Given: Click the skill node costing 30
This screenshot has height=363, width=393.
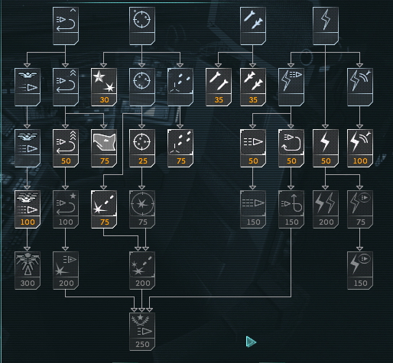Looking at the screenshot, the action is tap(104, 87).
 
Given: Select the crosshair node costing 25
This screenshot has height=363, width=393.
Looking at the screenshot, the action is tap(142, 148).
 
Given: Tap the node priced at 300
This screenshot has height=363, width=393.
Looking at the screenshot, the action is tap(28, 271).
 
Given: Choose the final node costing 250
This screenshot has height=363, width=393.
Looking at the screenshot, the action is tap(142, 332).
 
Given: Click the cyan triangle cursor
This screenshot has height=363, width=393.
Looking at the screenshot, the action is tap(251, 342).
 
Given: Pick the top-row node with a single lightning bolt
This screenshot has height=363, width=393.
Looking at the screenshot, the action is tap(326, 26).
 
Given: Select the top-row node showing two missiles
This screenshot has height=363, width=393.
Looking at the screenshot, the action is tap(253, 26).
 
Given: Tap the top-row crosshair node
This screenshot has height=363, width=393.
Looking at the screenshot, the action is tap(142, 26).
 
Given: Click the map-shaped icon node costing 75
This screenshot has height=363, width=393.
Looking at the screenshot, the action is tap(104, 148).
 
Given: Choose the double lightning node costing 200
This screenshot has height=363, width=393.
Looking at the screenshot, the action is tap(326, 209).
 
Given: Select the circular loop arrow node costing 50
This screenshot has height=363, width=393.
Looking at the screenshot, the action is tap(291, 148).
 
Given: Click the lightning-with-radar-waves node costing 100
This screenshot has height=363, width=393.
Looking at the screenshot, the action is tap(360, 148).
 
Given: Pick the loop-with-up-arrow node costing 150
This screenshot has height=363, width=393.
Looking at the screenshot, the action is tap(291, 209).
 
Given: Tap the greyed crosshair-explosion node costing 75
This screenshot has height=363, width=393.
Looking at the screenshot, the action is tap(142, 209).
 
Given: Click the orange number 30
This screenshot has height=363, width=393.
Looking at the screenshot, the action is tap(104, 99).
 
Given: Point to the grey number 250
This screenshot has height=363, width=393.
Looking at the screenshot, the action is tap(142, 345).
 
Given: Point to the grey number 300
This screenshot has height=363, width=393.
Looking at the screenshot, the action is tap(28, 283).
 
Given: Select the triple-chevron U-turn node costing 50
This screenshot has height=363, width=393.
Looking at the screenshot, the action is tap(66, 148).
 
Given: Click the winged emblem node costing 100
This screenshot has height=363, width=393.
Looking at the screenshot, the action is tap(28, 209).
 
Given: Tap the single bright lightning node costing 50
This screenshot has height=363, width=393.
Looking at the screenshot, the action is tap(326, 148).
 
